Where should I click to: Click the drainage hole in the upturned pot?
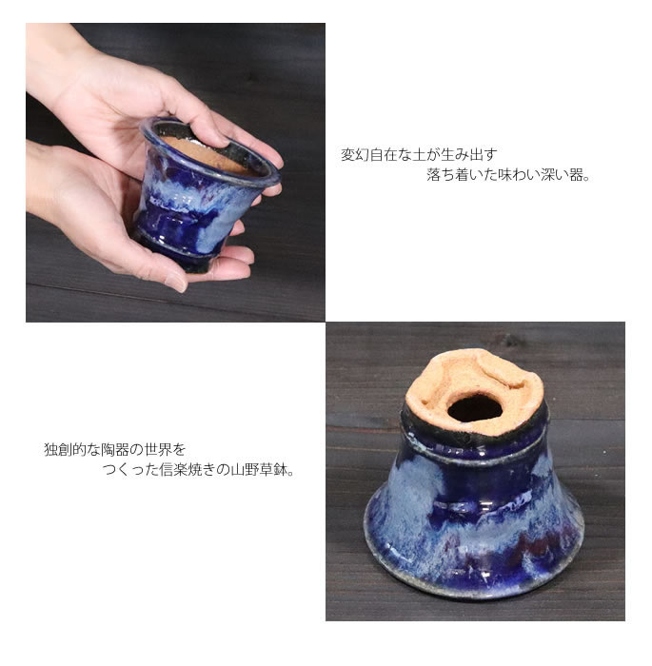tap(474, 408)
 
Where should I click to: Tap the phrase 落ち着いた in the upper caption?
tap(459, 175)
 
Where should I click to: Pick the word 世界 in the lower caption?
tap(158, 448)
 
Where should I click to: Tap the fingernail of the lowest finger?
tap(175, 284)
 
